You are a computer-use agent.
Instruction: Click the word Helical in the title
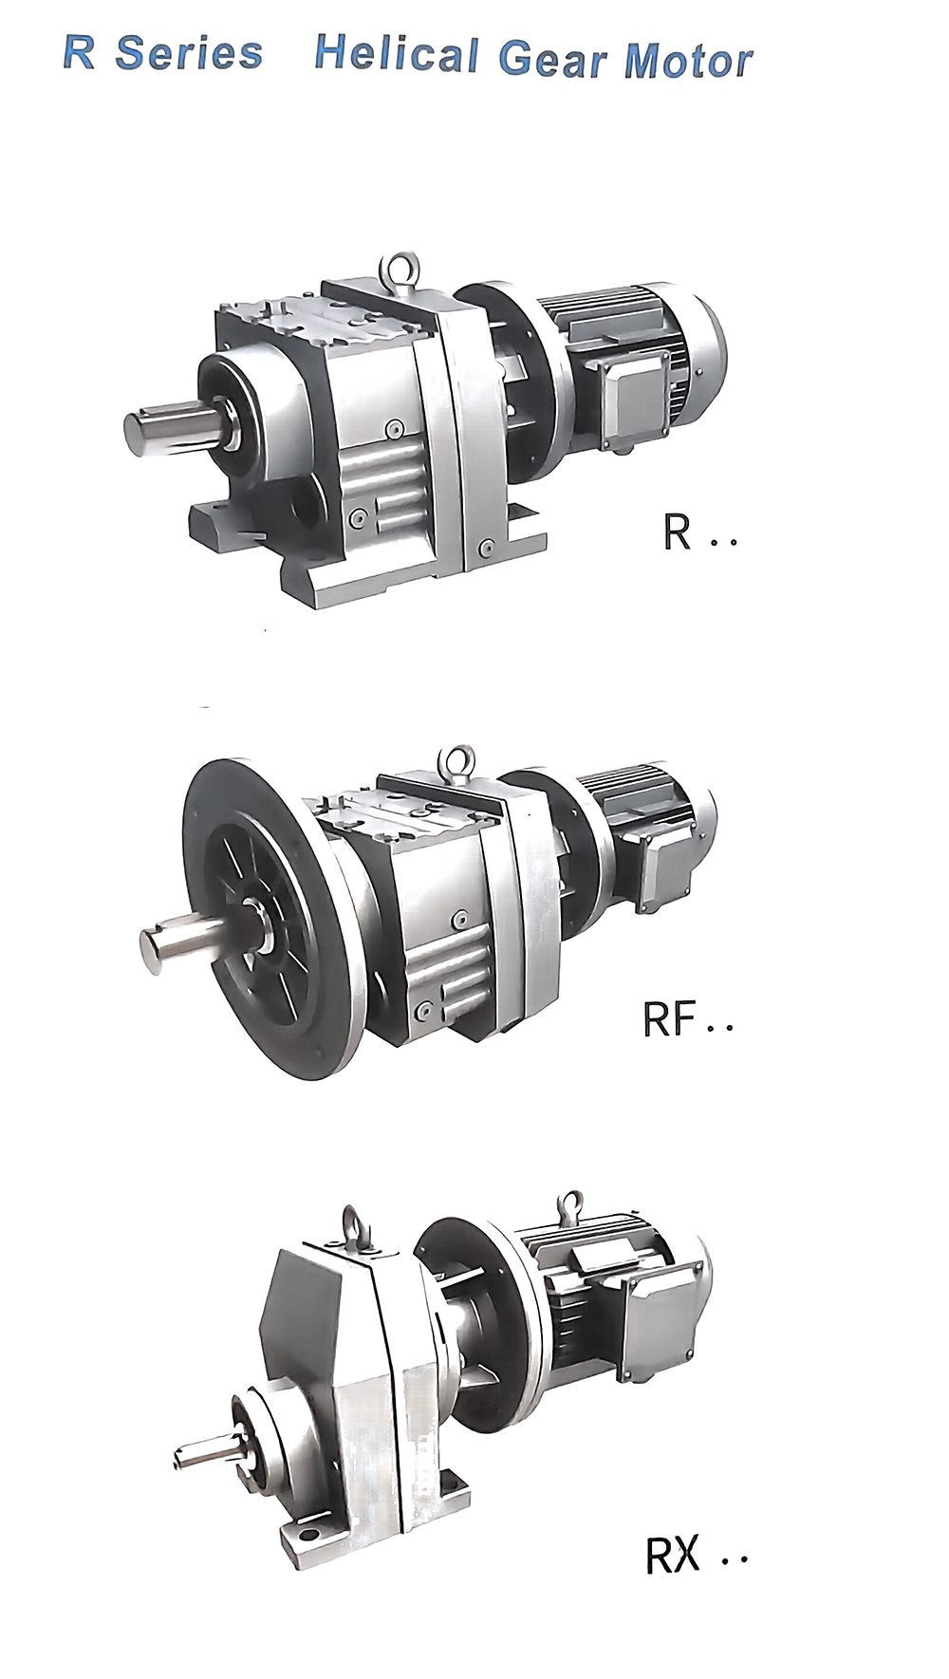(x=397, y=54)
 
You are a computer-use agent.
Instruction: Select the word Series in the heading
(x=189, y=52)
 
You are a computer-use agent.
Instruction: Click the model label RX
(x=672, y=1555)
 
